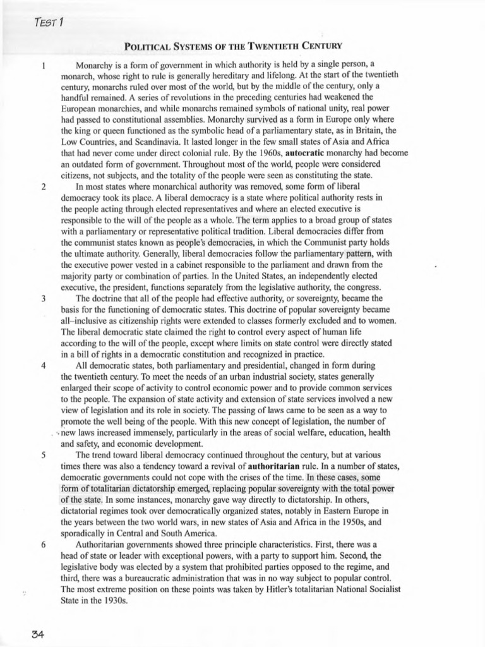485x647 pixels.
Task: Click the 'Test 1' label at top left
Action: [x=48, y=24]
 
